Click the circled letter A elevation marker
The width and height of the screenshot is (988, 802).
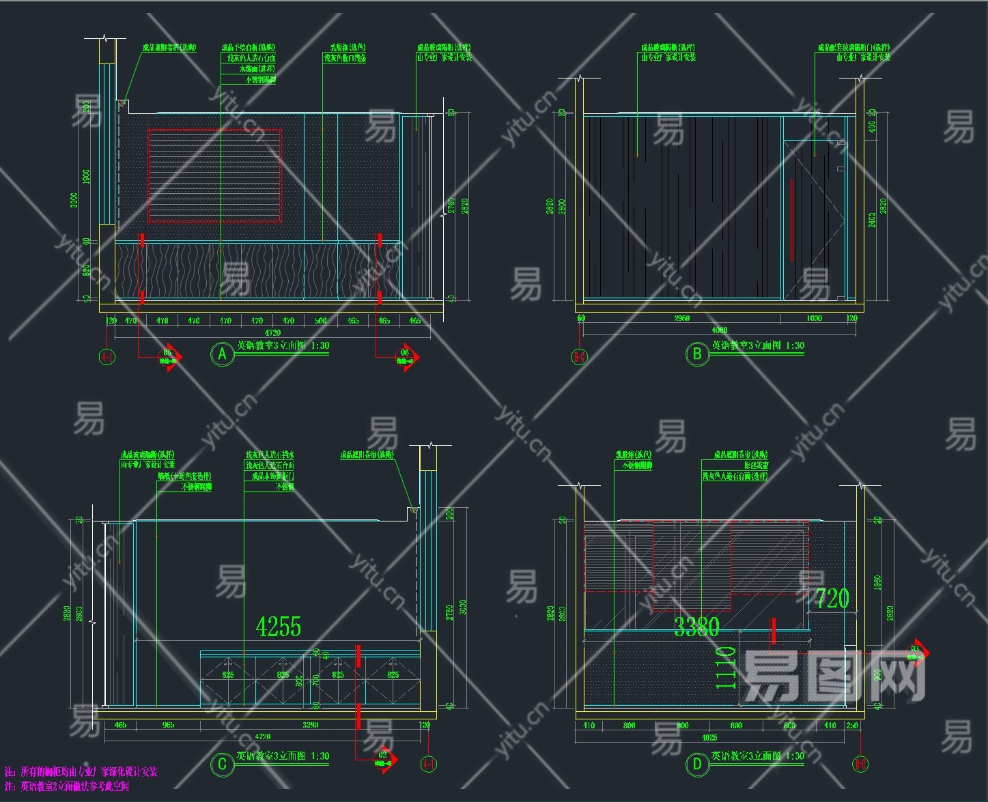[x=221, y=354]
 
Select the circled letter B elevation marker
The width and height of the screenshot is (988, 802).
[x=697, y=354]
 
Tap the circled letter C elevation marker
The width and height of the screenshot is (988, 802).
[x=221, y=764]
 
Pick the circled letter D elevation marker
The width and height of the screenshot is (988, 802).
[x=697, y=764]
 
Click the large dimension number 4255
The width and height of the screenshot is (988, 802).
[x=278, y=627]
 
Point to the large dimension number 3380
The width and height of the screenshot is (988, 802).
[x=696, y=627]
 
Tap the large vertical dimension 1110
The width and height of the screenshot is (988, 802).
[x=726, y=668]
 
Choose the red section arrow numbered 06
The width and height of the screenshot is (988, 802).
[x=407, y=357]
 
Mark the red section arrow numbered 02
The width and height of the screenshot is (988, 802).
[x=384, y=759]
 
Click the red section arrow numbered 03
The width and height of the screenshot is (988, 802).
[x=917, y=653]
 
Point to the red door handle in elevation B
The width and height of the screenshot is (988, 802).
[x=792, y=220]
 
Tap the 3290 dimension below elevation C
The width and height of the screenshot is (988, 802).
[x=310, y=725]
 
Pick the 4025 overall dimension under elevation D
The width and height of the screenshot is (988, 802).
[x=709, y=737]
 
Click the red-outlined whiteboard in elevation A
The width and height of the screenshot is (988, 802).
[x=214, y=176]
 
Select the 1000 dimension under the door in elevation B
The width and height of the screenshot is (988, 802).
[x=814, y=318]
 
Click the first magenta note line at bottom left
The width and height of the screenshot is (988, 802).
[x=81, y=772]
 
